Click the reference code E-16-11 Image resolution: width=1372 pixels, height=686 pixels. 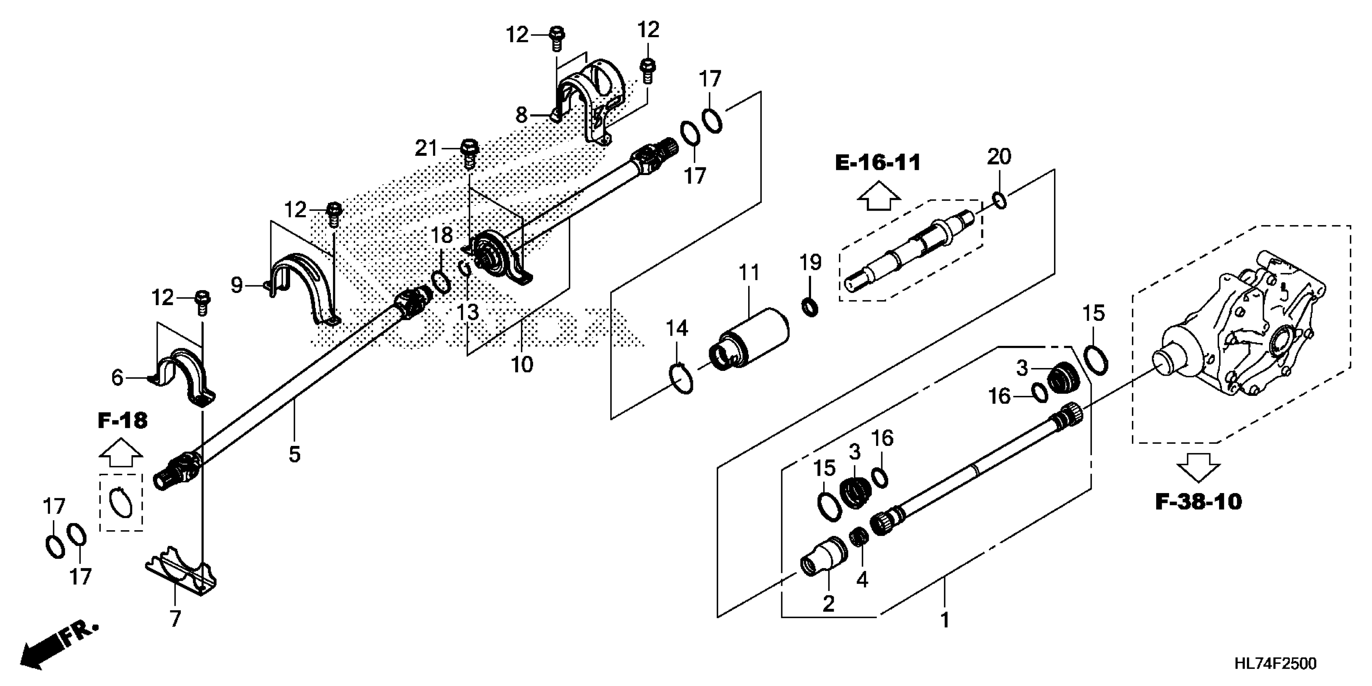(877, 163)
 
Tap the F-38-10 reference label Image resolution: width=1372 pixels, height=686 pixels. (1198, 502)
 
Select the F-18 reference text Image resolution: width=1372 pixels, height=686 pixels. (123, 421)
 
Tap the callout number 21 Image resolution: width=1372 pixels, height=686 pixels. (426, 148)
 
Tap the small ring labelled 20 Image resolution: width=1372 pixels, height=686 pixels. (1000, 201)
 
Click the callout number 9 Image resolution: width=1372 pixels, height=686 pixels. (236, 285)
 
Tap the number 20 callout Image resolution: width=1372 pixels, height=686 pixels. (999, 157)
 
